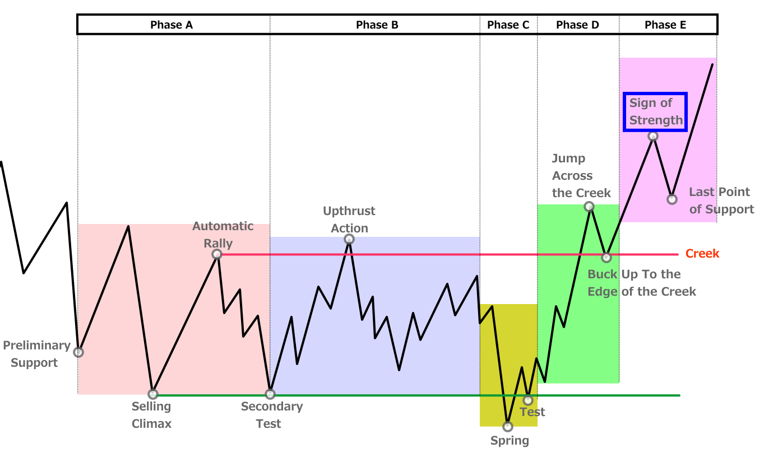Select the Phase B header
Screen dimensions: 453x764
point(377,25)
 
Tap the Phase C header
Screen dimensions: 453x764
point(508,25)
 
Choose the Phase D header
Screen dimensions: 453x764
point(577,25)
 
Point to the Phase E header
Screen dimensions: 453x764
point(665,25)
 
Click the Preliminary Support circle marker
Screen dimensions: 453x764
point(78,352)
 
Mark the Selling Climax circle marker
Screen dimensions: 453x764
point(153,394)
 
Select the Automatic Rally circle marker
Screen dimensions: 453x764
point(217,254)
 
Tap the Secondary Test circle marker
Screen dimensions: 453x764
point(270,394)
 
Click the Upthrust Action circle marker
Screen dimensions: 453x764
point(349,240)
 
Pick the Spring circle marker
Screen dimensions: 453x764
point(508,426)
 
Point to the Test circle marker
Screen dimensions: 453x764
point(527,400)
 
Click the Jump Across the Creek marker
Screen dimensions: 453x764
point(589,207)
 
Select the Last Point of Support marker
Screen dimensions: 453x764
point(672,199)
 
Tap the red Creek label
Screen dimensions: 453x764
point(702,254)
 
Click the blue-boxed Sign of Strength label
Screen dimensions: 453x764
point(655,111)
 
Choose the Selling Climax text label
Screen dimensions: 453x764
point(151,415)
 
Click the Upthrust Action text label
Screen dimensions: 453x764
point(349,220)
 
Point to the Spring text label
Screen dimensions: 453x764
point(510,441)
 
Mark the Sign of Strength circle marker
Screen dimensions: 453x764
point(653,136)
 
